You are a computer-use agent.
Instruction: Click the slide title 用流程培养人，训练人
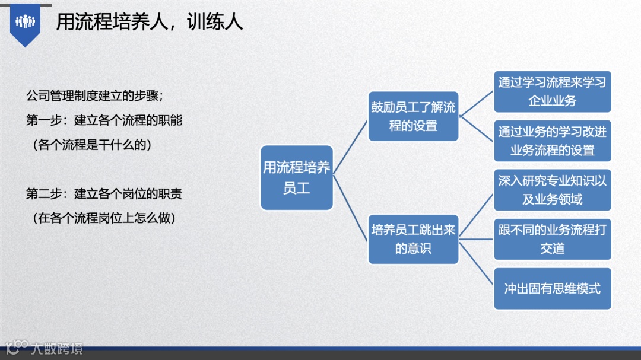(x=150, y=23)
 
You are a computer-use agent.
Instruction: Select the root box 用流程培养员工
(x=297, y=178)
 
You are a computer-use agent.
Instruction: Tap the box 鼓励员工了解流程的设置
(x=414, y=116)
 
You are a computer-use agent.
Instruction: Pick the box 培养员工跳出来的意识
(x=414, y=239)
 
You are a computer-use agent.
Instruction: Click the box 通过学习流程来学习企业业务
(x=553, y=91)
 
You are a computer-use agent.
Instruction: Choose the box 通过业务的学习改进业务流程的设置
(x=553, y=141)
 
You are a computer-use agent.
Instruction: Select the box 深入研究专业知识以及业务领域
(x=553, y=190)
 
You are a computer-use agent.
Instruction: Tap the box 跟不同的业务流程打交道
(x=553, y=239)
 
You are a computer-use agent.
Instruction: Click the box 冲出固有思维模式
(x=553, y=288)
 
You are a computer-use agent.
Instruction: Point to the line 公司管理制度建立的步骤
(x=94, y=96)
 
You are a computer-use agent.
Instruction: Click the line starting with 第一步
(x=104, y=120)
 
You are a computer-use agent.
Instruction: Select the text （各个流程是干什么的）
(x=92, y=145)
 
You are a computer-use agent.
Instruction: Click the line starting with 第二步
(x=104, y=194)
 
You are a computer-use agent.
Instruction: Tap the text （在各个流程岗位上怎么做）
(x=104, y=218)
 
